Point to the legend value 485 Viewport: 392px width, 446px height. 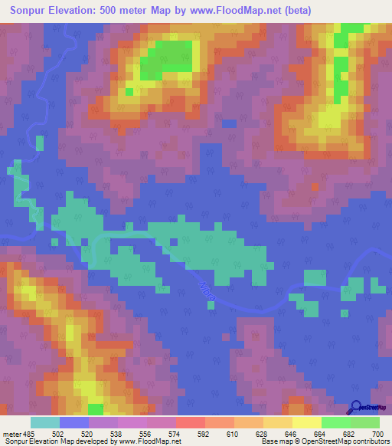point(30,434)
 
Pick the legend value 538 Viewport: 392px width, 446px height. point(117,434)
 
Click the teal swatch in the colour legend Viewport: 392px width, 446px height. point(45,422)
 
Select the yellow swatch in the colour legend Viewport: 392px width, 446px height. point(306,422)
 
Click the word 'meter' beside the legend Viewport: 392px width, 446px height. point(11,434)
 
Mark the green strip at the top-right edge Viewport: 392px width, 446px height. point(351,31)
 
